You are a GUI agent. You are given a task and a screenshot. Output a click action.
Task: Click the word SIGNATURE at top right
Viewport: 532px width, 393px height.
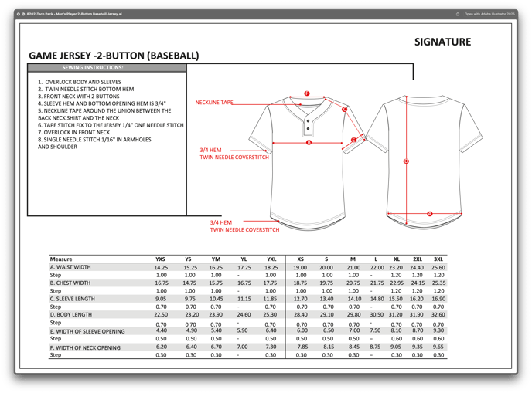[442, 42]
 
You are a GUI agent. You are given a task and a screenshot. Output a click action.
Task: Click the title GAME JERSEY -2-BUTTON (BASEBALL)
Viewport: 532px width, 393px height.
[114, 56]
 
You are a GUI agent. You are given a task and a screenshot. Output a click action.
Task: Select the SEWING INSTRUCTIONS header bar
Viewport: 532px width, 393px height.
[107, 68]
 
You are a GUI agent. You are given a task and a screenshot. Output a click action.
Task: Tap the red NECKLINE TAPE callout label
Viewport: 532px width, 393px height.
[214, 102]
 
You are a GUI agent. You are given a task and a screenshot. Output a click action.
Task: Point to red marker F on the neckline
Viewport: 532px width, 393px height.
[307, 93]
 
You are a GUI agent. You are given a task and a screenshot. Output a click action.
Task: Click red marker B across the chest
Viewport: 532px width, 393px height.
[309, 142]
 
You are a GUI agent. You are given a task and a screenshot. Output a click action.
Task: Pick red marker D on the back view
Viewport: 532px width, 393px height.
[406, 161]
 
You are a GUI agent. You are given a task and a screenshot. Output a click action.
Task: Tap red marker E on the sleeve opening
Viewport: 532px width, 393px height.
[353, 140]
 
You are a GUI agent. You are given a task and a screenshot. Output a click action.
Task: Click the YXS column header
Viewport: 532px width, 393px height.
[161, 259]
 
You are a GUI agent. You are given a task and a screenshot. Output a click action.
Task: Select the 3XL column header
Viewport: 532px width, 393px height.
[438, 259]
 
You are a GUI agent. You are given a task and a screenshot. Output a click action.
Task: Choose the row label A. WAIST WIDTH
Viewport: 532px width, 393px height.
[70, 267]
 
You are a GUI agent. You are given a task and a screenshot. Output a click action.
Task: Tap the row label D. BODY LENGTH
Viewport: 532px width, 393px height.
[71, 314]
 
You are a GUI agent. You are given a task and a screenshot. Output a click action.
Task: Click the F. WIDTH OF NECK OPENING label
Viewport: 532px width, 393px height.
[85, 347]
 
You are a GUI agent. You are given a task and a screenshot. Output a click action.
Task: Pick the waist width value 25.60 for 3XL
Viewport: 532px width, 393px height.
[438, 267]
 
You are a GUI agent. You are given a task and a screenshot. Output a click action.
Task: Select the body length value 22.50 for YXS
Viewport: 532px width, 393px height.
[161, 314]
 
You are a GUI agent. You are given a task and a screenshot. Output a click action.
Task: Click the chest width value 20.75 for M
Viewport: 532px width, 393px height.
[353, 283]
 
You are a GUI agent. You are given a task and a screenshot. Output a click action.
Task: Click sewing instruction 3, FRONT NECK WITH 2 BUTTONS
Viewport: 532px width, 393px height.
[76, 97]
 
